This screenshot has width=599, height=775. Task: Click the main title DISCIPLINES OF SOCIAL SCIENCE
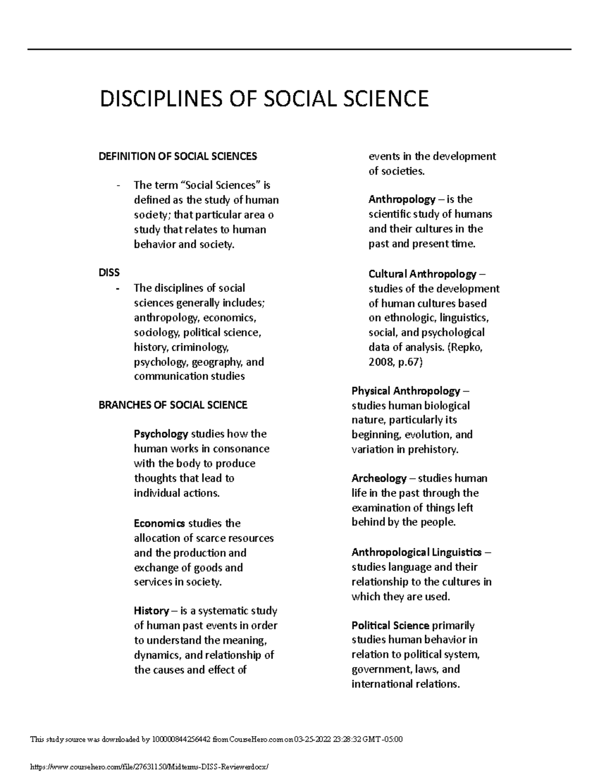coord(264,99)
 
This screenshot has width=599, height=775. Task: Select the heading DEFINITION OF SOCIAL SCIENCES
coord(178,157)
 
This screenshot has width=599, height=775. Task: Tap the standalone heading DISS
coord(109,272)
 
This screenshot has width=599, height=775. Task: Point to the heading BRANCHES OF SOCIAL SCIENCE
coord(173,405)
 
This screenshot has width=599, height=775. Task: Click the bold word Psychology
coord(161,434)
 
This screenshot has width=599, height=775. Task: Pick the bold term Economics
coord(159,523)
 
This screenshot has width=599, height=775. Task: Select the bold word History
coord(151,611)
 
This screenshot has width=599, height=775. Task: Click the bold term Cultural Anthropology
coord(422,274)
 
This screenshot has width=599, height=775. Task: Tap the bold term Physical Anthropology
coord(405,391)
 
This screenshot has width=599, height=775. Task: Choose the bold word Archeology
coord(379,478)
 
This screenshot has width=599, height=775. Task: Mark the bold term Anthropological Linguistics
coord(416,552)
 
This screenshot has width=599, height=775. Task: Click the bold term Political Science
coord(390,625)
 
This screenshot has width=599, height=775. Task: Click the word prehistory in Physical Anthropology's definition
coord(432,449)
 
